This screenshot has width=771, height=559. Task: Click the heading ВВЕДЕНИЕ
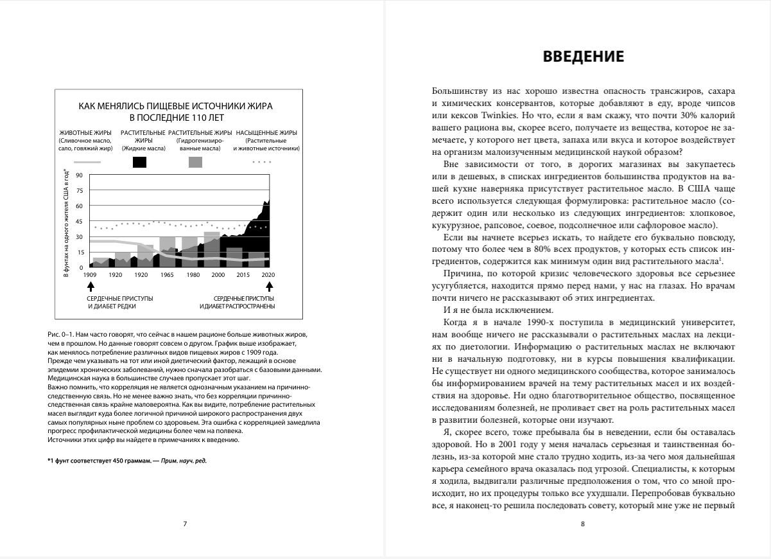click(x=583, y=57)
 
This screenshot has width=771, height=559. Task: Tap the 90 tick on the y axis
click(x=80, y=175)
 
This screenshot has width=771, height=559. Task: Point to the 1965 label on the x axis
click(x=167, y=275)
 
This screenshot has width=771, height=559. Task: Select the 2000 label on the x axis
click(x=218, y=275)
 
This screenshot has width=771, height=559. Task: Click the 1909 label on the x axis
click(x=91, y=275)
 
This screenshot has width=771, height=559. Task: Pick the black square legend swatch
click(x=139, y=163)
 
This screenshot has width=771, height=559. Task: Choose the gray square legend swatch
click(x=195, y=163)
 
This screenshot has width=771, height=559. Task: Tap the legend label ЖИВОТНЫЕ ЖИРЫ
click(x=85, y=132)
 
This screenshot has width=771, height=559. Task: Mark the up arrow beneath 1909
click(x=91, y=286)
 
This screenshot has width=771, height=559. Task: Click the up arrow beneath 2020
click(x=269, y=286)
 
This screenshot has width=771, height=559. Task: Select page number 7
click(x=185, y=524)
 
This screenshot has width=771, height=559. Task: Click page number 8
click(x=582, y=524)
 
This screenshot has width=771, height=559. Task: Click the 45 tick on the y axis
click(x=80, y=222)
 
